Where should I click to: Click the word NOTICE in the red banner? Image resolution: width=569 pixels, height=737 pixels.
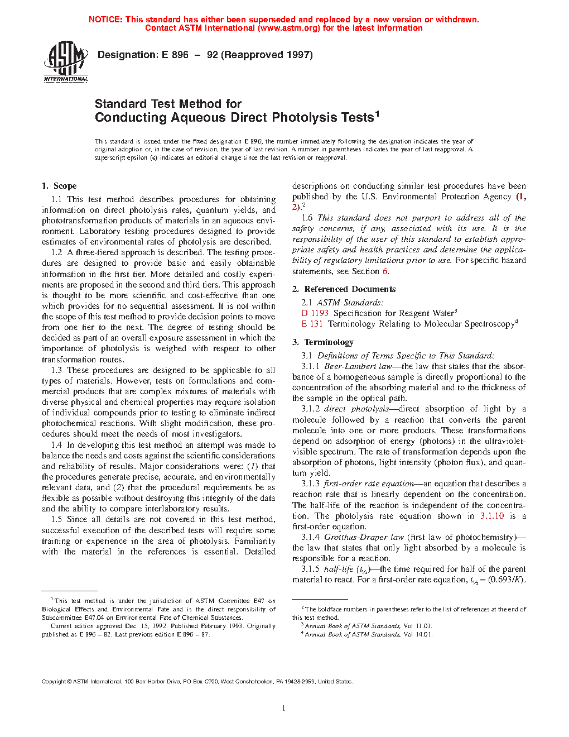105,20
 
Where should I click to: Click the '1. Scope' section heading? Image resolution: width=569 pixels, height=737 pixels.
59,186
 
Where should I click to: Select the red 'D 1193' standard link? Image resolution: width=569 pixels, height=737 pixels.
315,313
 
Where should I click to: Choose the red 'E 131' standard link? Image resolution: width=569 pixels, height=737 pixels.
312,324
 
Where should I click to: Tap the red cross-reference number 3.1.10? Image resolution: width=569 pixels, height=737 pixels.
491,516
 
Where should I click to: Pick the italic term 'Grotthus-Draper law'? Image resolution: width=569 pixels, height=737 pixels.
364,537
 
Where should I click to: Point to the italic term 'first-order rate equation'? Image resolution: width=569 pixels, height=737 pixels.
369,484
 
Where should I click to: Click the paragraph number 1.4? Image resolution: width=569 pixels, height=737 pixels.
56,445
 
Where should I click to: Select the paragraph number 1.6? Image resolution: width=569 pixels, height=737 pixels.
307,218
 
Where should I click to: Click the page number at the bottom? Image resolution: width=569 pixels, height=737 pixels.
284,709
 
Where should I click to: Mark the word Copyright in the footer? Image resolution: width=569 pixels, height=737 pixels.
54,682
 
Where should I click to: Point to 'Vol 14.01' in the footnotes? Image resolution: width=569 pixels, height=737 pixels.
418,634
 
